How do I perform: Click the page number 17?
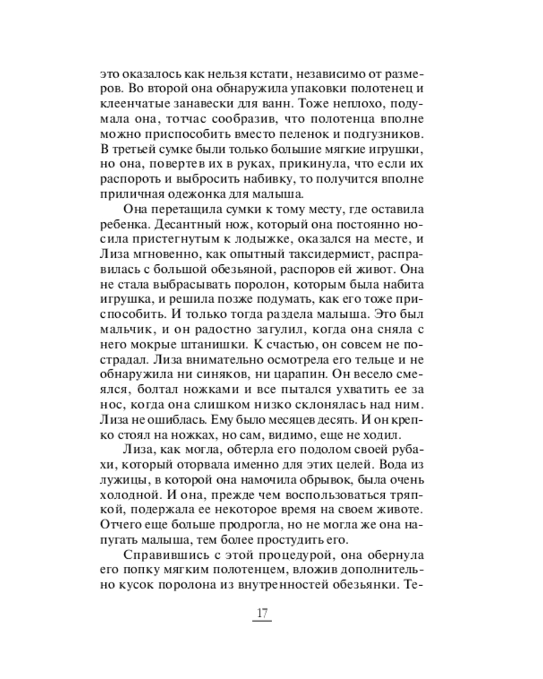[263, 614]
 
